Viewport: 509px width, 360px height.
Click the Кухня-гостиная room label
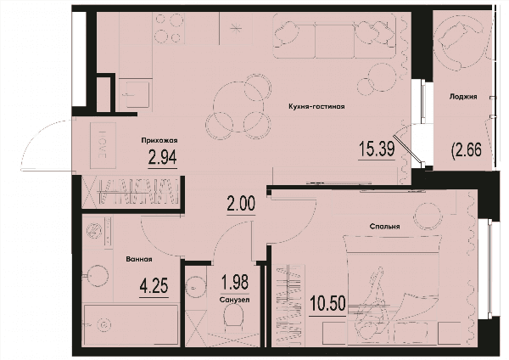coord(316,107)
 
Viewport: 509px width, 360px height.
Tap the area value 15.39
coord(377,149)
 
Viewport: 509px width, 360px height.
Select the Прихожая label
coord(159,140)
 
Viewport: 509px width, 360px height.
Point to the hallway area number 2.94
coord(162,158)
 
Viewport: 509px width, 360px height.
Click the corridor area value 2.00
coord(241,205)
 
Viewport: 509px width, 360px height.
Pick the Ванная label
coord(139,259)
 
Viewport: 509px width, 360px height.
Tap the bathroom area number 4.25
coord(154,286)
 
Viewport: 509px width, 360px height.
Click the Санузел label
coord(234,300)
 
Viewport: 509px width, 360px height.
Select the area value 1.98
coord(235,282)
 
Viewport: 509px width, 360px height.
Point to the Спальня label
coord(384,227)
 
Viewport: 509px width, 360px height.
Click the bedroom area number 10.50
coord(327,303)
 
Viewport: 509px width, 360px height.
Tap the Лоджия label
coord(463,97)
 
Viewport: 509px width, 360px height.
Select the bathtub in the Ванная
coord(131,324)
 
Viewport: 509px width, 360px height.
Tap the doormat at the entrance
coord(103,145)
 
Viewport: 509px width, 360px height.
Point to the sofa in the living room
coord(334,36)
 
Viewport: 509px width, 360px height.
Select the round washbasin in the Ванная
coord(97,276)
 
